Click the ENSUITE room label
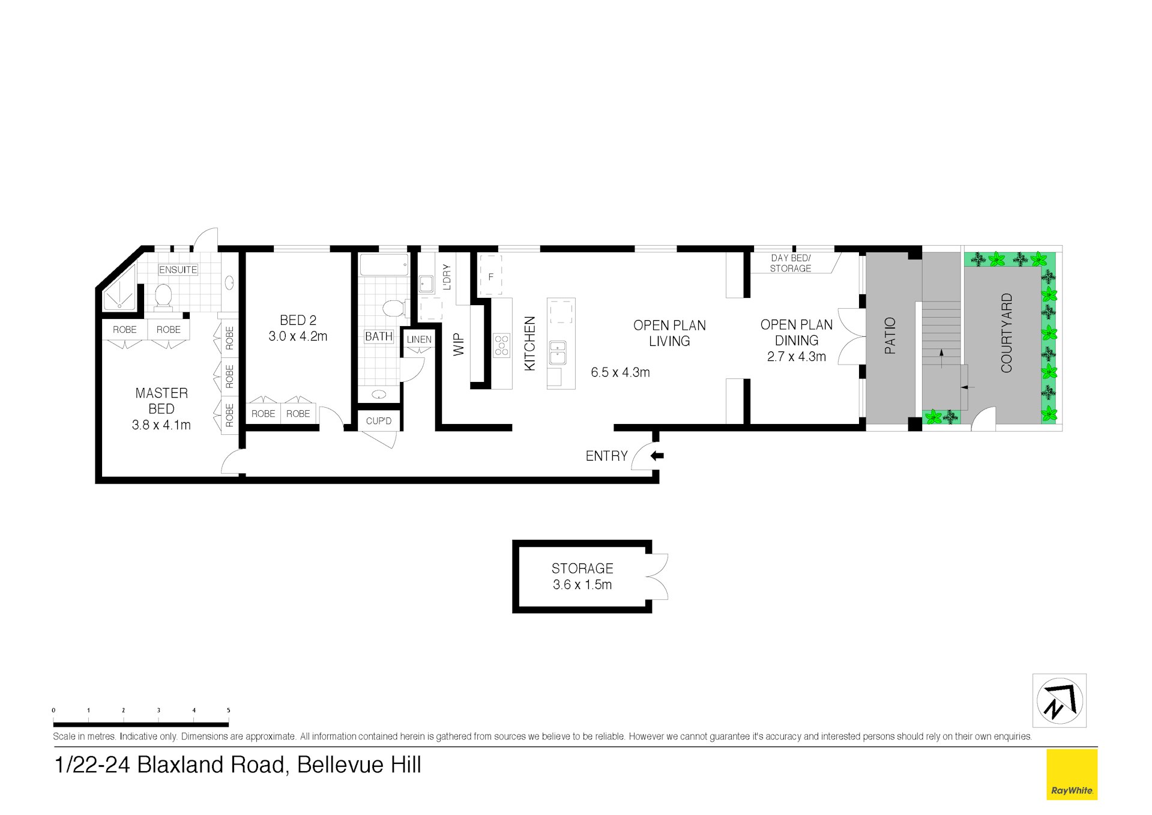pyautogui.click(x=178, y=270)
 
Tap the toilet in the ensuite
pyautogui.click(x=163, y=297)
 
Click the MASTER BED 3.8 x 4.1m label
pyautogui.click(x=161, y=409)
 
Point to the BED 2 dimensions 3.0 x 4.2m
pyautogui.click(x=298, y=336)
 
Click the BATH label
pyautogui.click(x=378, y=336)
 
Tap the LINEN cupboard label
pyautogui.click(x=418, y=339)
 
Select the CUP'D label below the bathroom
pyautogui.click(x=378, y=421)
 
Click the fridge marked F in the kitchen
pyautogui.click(x=490, y=276)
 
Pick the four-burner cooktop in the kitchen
pyautogui.click(x=501, y=346)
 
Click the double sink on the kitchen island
pyautogui.click(x=557, y=353)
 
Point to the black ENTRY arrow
pyautogui.click(x=657, y=456)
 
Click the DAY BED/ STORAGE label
pyautogui.click(x=790, y=263)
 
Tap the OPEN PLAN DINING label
pyautogui.click(x=796, y=333)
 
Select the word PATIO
pyautogui.click(x=890, y=336)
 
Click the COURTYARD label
pyautogui.click(x=1006, y=333)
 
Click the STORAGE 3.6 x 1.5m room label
pyautogui.click(x=582, y=577)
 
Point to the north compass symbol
pyautogui.click(x=1059, y=700)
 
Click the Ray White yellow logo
pyautogui.click(x=1072, y=774)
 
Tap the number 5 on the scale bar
pyautogui.click(x=228, y=710)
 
